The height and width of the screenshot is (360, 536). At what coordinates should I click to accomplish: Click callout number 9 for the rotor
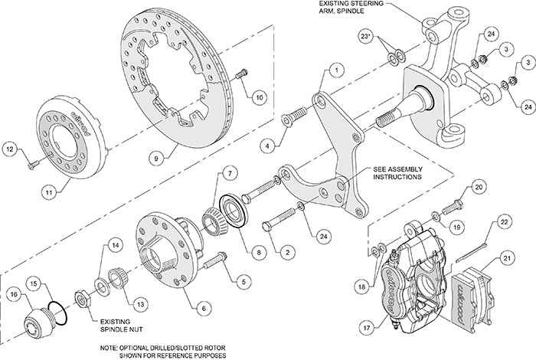coord(156,159)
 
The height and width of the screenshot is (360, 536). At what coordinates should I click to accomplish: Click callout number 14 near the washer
coord(114,245)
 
